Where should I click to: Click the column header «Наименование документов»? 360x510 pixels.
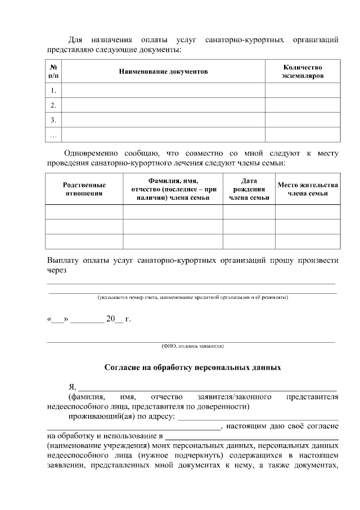click(x=163, y=72)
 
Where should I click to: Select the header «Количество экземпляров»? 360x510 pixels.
click(x=303, y=71)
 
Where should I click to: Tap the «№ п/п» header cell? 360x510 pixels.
click(x=53, y=71)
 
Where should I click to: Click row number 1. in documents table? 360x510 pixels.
click(x=53, y=91)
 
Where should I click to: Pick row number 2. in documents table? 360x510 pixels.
click(x=53, y=105)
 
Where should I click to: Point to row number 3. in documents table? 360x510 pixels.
click(x=53, y=120)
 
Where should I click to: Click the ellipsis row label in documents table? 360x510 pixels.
click(x=53, y=135)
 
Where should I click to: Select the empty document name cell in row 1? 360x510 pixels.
click(x=163, y=91)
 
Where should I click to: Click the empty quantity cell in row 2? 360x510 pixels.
click(x=303, y=105)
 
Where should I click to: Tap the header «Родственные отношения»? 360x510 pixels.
click(x=84, y=189)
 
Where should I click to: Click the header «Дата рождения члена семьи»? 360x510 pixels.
click(x=249, y=189)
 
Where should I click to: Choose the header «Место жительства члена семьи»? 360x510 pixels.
click(x=308, y=189)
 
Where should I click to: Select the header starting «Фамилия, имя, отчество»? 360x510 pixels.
click(x=173, y=189)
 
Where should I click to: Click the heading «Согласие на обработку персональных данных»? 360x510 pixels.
click(x=192, y=368)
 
